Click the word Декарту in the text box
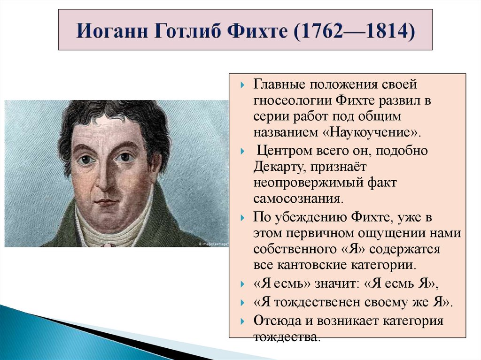tap(277, 166)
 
